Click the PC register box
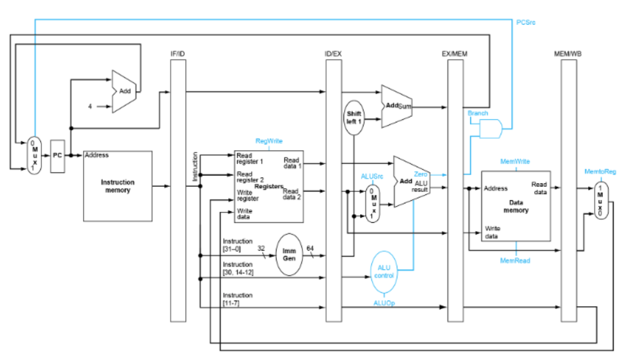[x=57, y=156]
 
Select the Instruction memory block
[x=118, y=186]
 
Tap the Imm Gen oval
[x=290, y=255]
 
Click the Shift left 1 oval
[x=354, y=117]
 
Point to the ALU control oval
[x=384, y=272]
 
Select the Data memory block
[x=516, y=206]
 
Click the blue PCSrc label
[x=525, y=22]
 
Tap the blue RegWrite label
[x=269, y=141]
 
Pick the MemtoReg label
[x=600, y=172]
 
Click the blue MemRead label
[x=515, y=261]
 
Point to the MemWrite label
[x=515, y=161]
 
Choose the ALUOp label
[x=384, y=303]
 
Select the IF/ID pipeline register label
[x=178, y=53]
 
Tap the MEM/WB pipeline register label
[x=568, y=53]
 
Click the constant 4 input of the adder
[x=90, y=106]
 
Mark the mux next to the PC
[x=33, y=156]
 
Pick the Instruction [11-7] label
[x=238, y=299]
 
